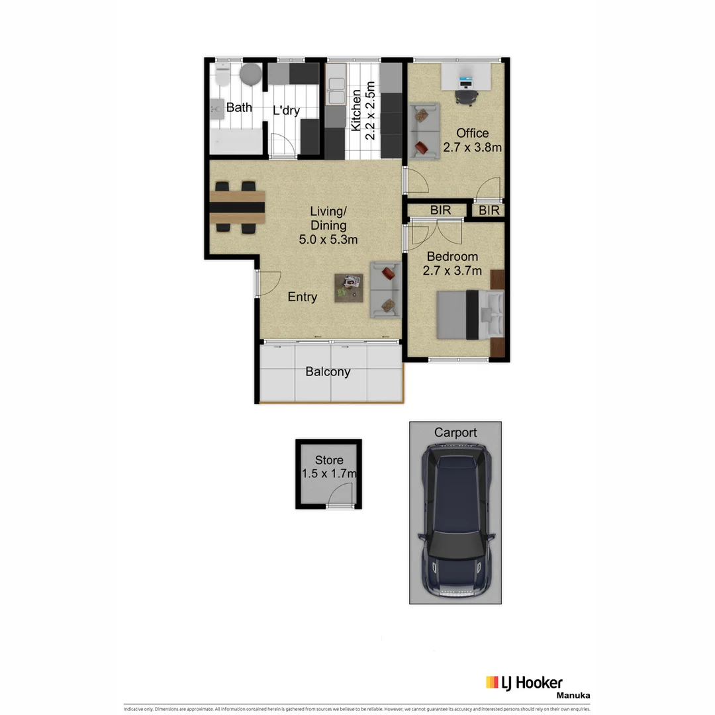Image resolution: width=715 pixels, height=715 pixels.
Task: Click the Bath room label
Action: point(239,107)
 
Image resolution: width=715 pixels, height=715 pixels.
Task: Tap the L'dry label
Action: point(286,111)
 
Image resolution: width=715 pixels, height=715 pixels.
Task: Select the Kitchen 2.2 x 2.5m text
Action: point(363,111)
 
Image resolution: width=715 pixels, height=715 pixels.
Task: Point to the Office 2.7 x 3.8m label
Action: point(472,140)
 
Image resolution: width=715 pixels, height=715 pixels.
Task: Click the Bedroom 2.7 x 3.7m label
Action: point(453,263)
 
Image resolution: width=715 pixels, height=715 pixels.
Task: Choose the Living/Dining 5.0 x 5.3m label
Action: point(328,225)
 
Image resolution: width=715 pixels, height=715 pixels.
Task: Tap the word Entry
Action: point(302,297)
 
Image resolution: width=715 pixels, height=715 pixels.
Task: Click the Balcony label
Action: point(328,372)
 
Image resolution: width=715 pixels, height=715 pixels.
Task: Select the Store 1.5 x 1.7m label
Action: point(329,467)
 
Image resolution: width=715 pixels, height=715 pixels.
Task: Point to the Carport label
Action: point(455,433)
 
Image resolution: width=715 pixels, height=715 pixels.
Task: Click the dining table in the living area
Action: point(237,207)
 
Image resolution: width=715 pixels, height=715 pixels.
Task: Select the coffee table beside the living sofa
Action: point(349,288)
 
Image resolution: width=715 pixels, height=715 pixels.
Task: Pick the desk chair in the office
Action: point(466,97)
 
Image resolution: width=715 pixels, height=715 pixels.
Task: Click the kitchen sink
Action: point(336,91)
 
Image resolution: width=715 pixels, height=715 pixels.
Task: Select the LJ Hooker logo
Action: point(524,683)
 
